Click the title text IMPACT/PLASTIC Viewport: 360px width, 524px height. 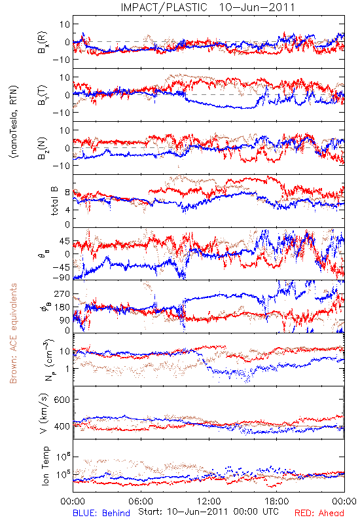point(164,7)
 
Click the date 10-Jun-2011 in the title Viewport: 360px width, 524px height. point(257,7)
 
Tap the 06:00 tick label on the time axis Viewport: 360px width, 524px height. point(141,501)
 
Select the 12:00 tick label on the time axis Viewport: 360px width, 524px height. point(209,501)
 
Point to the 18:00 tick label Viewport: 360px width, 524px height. point(277,501)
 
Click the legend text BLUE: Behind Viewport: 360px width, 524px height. point(101,513)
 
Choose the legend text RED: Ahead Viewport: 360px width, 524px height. point(319,513)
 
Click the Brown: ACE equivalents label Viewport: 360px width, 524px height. point(13,333)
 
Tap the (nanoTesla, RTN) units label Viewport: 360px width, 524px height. point(14,121)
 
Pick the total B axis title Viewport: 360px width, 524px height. point(54,200)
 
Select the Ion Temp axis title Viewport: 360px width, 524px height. point(45,466)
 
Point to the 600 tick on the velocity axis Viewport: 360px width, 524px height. point(62,400)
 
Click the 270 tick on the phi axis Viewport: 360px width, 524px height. point(62,294)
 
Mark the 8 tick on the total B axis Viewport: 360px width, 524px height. point(67,193)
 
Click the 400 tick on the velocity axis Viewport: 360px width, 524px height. point(62,426)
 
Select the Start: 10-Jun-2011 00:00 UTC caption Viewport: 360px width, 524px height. point(208,512)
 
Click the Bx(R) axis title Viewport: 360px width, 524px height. point(43,42)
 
